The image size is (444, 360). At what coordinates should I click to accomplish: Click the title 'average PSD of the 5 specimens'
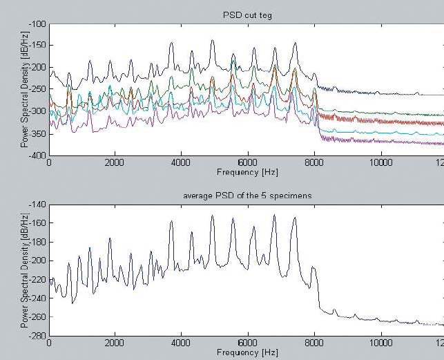[x=247, y=196]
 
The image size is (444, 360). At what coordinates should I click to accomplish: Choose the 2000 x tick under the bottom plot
[x=115, y=343]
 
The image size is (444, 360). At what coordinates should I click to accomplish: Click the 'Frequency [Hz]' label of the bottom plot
[x=247, y=352]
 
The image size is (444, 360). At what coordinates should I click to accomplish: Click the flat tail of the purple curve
[x=387, y=142]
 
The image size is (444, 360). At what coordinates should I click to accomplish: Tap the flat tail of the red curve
[x=387, y=122]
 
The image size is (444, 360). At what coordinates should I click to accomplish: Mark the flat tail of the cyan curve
[x=387, y=133]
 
